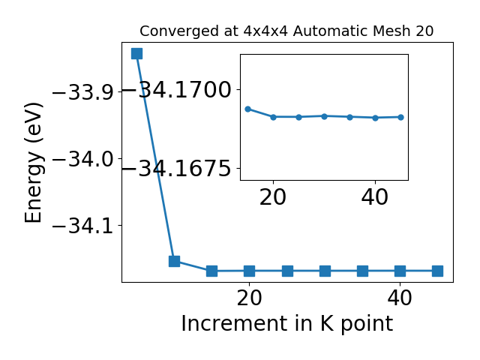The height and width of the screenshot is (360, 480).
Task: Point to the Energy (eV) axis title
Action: [x=33, y=162]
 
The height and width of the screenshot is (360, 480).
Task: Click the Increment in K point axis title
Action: [x=287, y=324]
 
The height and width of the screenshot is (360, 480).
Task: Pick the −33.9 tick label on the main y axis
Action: [x=82, y=91]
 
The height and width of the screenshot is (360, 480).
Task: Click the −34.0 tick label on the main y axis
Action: [x=82, y=159]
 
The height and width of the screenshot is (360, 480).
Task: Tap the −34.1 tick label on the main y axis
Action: [x=82, y=226]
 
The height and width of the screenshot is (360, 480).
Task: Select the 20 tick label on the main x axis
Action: [x=250, y=298]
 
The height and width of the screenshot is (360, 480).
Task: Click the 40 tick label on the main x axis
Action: [x=400, y=298]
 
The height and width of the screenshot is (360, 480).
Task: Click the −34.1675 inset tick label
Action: [x=177, y=168]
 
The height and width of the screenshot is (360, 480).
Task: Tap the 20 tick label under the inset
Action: [x=273, y=197]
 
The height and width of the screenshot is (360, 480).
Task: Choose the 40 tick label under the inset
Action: [x=375, y=197]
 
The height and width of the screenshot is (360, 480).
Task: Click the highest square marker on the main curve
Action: [x=136, y=53]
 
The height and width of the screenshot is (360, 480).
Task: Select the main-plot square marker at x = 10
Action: [x=175, y=261]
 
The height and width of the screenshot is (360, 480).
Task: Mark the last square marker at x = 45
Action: [x=438, y=271]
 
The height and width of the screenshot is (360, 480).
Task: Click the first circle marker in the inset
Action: [x=248, y=109]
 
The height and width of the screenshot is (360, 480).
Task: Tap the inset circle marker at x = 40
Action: [x=375, y=118]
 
